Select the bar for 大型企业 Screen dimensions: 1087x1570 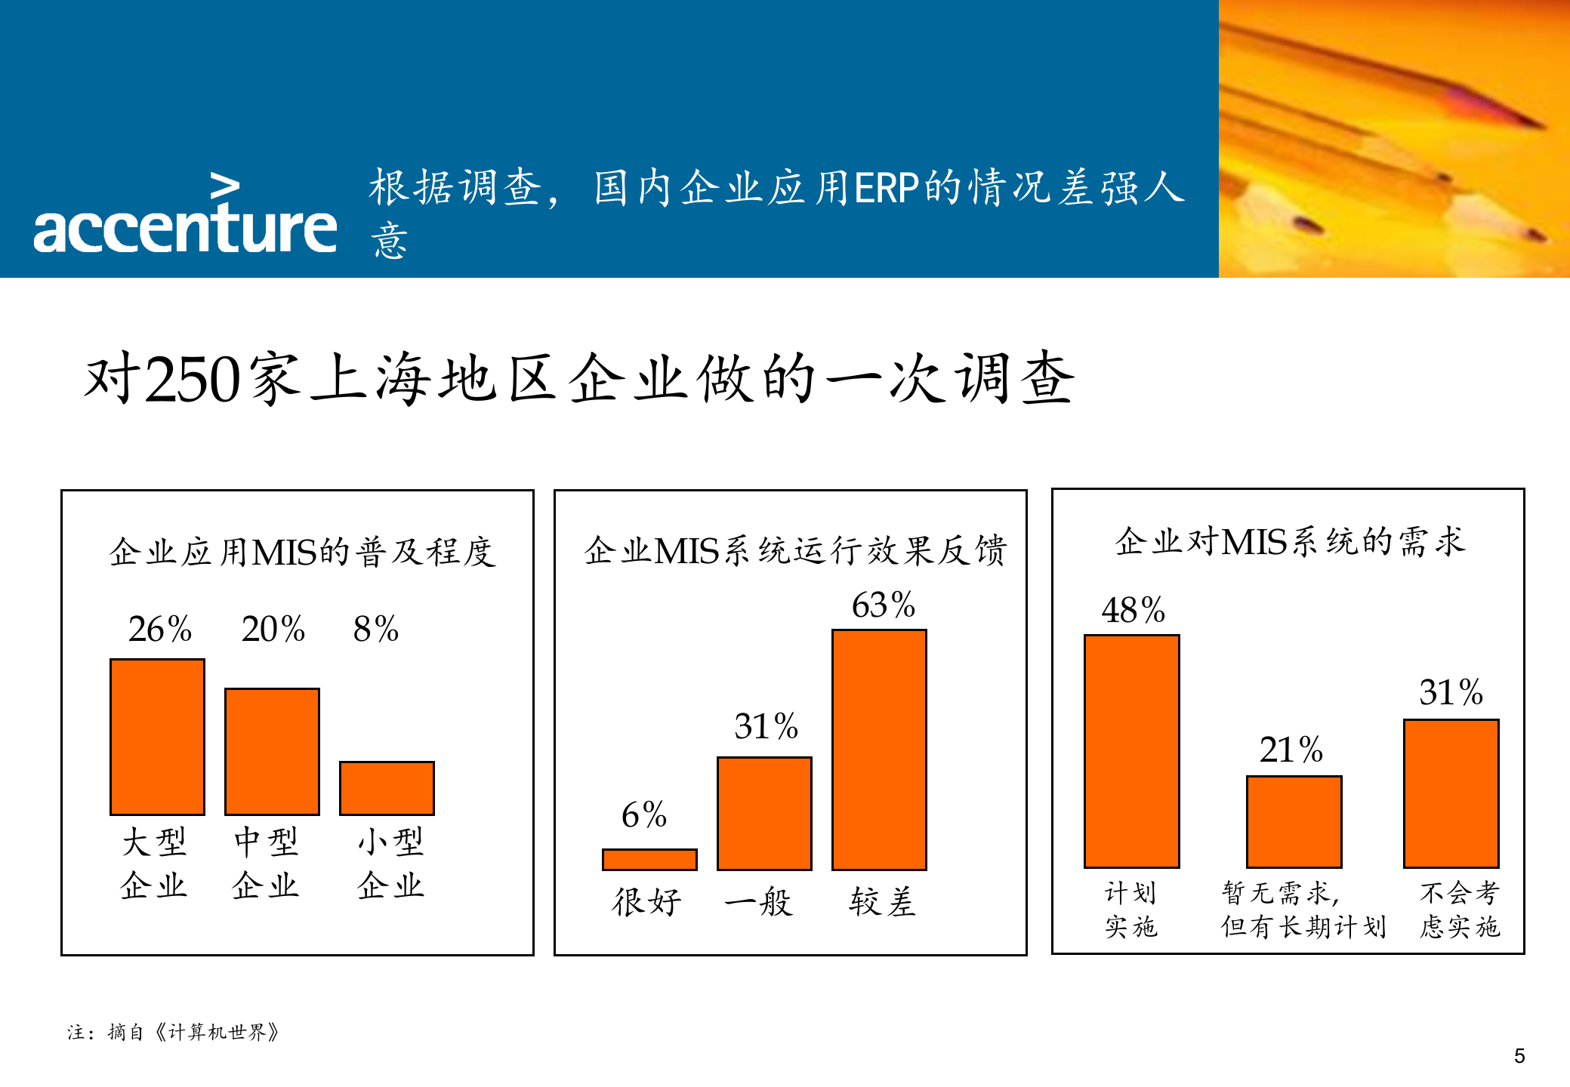157,736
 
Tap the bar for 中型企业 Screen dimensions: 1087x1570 272,751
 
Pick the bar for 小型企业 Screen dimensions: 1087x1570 387,787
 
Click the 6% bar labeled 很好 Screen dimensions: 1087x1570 649,859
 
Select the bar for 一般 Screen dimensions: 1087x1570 764,813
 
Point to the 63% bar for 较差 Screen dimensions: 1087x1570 879,749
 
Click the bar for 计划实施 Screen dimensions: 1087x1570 1131,750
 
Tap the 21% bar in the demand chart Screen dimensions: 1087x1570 1294,821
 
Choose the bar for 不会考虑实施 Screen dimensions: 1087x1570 1451,793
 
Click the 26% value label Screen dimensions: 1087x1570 160,629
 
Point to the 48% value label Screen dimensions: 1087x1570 1133,610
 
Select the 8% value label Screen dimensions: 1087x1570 376,629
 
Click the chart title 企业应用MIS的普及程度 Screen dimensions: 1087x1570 302,552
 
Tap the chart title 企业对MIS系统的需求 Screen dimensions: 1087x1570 1290,542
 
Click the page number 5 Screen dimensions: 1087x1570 1519,1056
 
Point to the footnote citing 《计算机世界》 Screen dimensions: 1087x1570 173,1032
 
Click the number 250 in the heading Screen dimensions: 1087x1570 193,379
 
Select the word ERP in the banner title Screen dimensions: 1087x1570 887,188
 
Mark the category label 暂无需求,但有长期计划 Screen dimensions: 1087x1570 1303,910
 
